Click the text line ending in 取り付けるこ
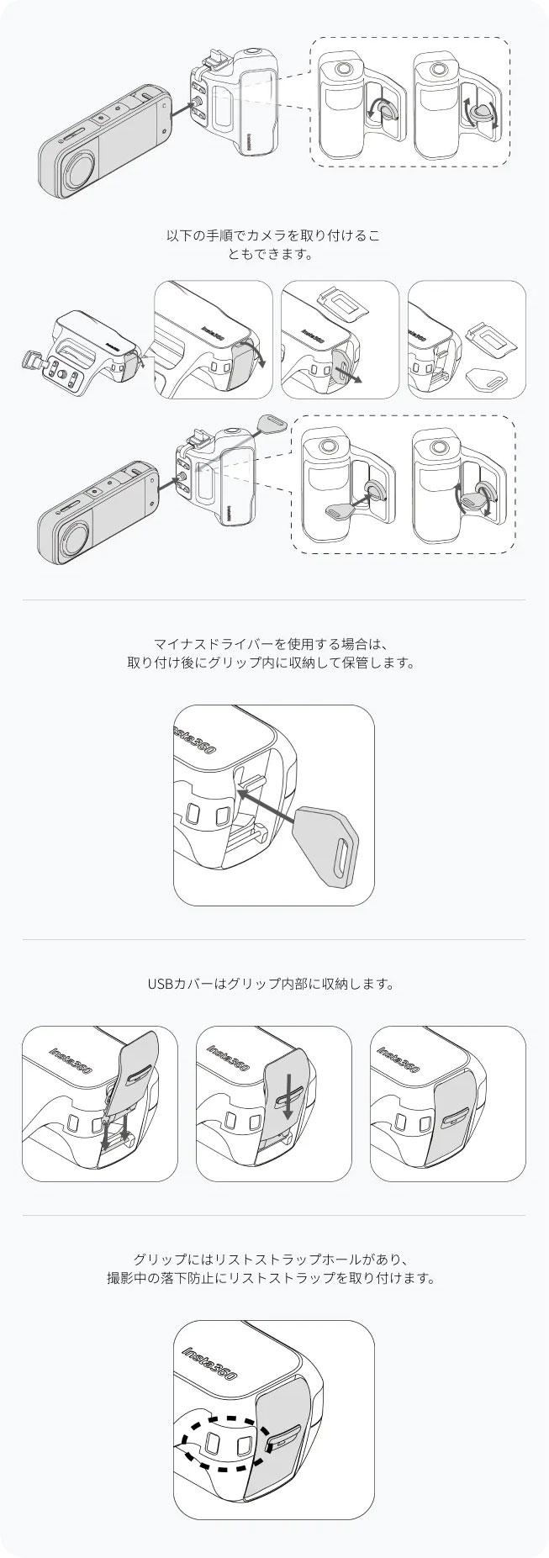tap(273, 236)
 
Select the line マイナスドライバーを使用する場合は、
tap(273, 645)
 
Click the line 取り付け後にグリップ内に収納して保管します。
tap(273, 663)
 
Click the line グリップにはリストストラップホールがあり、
tap(273, 1260)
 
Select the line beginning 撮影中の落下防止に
tap(273, 1279)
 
